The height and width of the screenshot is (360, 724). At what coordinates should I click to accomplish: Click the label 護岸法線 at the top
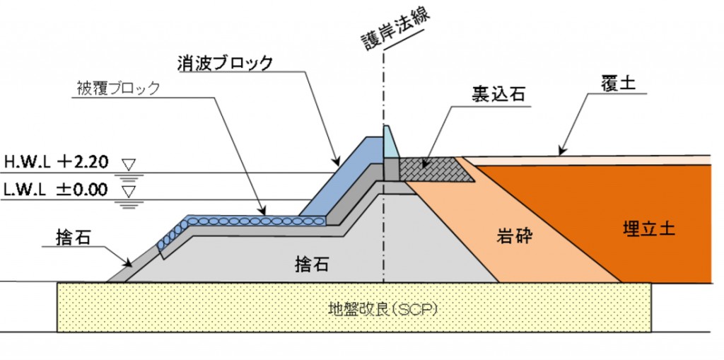(x=396, y=29)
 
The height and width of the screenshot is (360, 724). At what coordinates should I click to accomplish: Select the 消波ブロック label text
(x=225, y=64)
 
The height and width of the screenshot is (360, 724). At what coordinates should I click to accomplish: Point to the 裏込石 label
(x=498, y=94)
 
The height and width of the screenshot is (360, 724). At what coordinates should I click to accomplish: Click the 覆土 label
(x=618, y=84)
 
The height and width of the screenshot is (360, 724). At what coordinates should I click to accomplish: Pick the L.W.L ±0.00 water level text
(x=55, y=190)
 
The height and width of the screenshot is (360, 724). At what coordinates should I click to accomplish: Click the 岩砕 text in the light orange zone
(x=515, y=236)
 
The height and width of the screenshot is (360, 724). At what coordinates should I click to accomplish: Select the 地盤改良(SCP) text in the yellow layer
(x=383, y=308)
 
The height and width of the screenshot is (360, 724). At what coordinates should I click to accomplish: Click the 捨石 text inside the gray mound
(x=312, y=264)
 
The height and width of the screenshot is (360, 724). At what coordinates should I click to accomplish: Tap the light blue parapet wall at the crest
(x=390, y=142)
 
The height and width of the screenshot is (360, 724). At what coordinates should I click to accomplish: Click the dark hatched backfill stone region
(x=434, y=169)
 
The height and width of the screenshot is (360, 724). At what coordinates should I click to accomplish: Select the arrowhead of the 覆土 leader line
(x=561, y=151)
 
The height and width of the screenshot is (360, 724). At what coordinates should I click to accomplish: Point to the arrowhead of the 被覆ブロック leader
(x=263, y=211)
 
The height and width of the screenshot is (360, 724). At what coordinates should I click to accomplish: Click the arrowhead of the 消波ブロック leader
(x=336, y=162)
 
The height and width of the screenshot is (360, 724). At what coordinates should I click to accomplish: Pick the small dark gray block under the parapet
(x=392, y=169)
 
